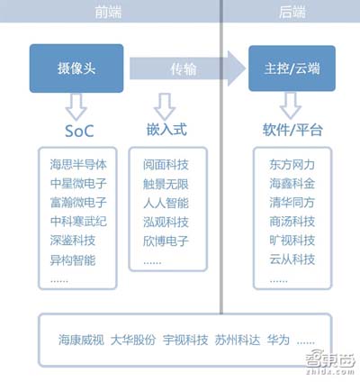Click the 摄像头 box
pos(76,68)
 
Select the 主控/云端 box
pos(292,68)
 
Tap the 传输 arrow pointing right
pos(187,68)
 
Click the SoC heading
pos(79,131)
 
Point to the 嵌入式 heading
pos(166,130)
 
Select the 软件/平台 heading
pos(292,130)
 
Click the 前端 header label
pos(108,12)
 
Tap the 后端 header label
pos(292,12)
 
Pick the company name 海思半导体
pos(78,165)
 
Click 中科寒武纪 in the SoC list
pos(78,222)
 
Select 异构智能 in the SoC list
pos(73,260)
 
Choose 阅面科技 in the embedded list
pos(166,165)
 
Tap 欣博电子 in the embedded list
pos(166,241)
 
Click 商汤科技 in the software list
pos(292,222)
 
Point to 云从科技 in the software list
pos(292,259)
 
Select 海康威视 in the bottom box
pos(81,340)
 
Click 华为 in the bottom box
pos(278,340)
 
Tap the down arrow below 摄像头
pos(76,106)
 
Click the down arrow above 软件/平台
pos(291,105)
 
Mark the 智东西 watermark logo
pos(330,362)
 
